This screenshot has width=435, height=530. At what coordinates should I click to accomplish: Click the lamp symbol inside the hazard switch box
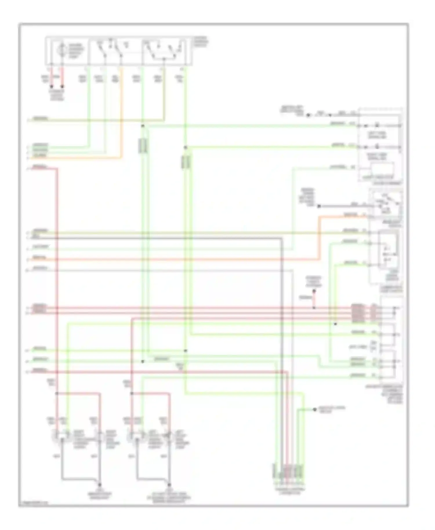[x=61, y=50]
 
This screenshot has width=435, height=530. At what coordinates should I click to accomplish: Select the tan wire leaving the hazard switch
[x=164, y=96]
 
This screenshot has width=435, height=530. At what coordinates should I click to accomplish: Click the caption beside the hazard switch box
[x=201, y=42]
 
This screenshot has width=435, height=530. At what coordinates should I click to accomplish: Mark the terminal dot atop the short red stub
[x=314, y=291]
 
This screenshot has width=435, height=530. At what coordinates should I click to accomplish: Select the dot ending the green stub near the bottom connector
[x=315, y=409]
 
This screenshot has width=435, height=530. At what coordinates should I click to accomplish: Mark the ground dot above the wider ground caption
[x=169, y=485]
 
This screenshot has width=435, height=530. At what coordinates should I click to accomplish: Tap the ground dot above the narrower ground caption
[x=99, y=485]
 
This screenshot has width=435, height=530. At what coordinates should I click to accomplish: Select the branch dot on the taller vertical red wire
[x=57, y=393]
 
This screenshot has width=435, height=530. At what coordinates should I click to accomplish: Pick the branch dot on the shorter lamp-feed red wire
[x=132, y=393]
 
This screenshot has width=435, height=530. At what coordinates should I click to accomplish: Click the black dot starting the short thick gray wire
[x=319, y=206]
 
